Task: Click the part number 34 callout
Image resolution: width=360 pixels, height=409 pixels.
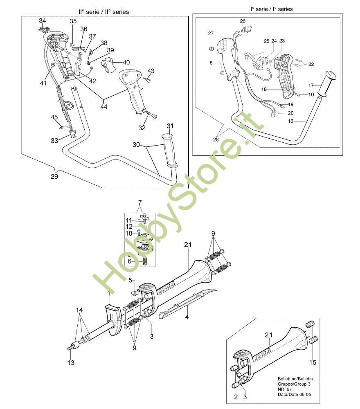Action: (x=43, y=20)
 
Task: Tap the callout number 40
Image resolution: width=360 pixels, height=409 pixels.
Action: (x=126, y=62)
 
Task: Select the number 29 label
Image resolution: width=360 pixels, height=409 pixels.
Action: (x=54, y=177)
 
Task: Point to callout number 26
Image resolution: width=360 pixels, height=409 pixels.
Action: (x=243, y=21)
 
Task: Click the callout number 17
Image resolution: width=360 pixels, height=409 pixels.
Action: (x=311, y=85)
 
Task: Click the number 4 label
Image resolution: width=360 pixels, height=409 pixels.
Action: (x=187, y=317)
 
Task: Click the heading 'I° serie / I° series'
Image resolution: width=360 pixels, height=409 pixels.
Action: (x=271, y=9)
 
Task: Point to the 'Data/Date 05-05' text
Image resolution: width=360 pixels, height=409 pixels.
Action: (x=290, y=396)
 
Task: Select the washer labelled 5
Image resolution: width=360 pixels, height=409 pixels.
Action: (x=134, y=293)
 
